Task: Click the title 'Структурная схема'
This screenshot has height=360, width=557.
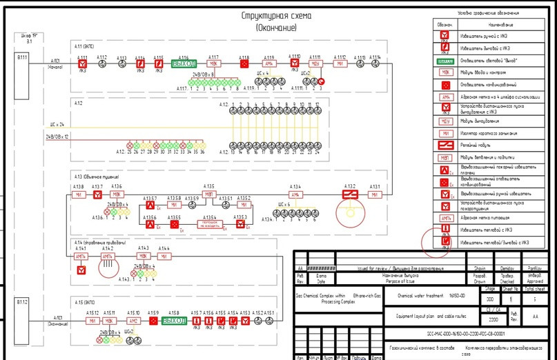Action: pyautogui.click(x=276, y=16)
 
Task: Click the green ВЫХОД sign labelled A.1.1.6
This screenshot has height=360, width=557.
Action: pyautogui.click(x=184, y=64)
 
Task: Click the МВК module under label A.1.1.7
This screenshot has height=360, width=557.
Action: pyautogui.click(x=213, y=64)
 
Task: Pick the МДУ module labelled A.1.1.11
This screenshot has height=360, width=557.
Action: pyautogui.click(x=316, y=64)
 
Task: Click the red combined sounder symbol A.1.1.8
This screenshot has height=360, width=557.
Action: pyautogui.click(x=244, y=64)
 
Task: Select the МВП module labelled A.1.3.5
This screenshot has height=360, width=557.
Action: pyautogui.click(x=208, y=194)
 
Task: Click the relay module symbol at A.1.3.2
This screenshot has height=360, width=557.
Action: pyautogui.click(x=350, y=195)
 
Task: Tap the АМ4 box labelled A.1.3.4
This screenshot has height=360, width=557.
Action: pyautogui.click(x=295, y=194)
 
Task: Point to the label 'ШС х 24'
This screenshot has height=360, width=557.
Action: pyautogui.click(x=57, y=125)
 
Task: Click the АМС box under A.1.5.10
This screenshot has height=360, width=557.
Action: pyautogui.click(x=133, y=321)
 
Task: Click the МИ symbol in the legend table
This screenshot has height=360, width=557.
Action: pyautogui.click(x=446, y=133)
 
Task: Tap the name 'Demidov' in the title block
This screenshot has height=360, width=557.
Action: pyautogui.click(x=507, y=269)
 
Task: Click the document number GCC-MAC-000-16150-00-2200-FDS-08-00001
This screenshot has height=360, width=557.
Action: pyautogui.click(x=456, y=333)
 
